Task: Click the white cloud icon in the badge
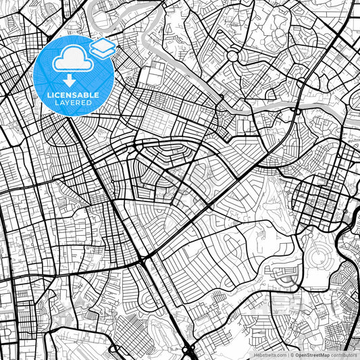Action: (73, 59)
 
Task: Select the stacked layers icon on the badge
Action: (103, 48)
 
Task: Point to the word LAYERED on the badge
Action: (73, 103)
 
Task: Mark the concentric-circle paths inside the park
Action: (317, 255)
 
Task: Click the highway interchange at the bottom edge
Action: (188, 349)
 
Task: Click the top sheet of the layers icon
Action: (103, 45)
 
